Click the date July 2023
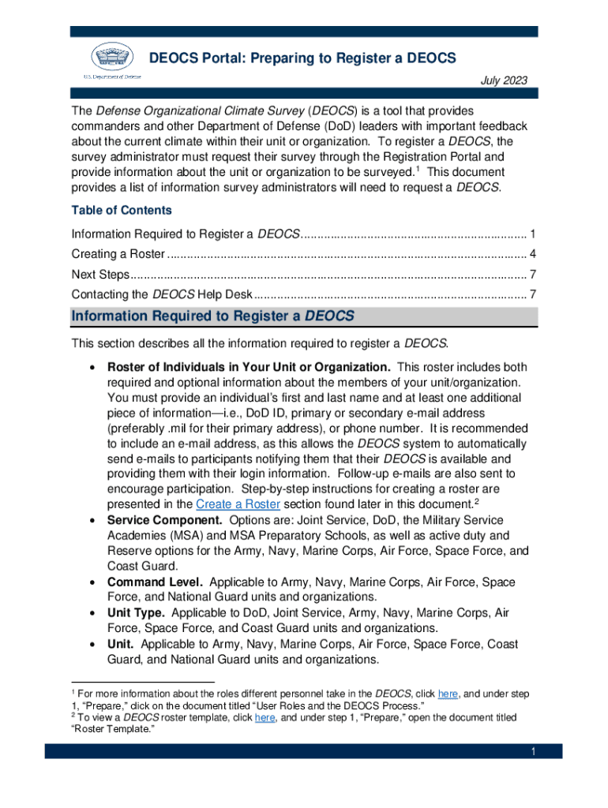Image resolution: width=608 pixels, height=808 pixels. tap(505, 80)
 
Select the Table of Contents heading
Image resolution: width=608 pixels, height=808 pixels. tap(122, 211)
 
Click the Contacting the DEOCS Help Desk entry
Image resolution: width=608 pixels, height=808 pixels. tap(161, 294)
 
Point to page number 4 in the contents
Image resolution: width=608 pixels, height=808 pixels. tap(534, 254)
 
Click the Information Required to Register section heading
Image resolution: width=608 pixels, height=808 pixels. tap(212, 316)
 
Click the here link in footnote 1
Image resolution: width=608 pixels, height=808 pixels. tap(448, 694)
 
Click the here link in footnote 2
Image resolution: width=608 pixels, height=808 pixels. tap(265, 718)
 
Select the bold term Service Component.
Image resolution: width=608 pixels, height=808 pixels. tap(165, 521)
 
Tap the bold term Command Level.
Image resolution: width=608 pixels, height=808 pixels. tap(155, 582)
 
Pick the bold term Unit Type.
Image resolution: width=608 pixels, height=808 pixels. tap(136, 613)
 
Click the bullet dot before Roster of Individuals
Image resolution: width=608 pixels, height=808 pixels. tap(94, 368)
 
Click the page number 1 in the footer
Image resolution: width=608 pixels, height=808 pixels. tap(533, 752)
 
